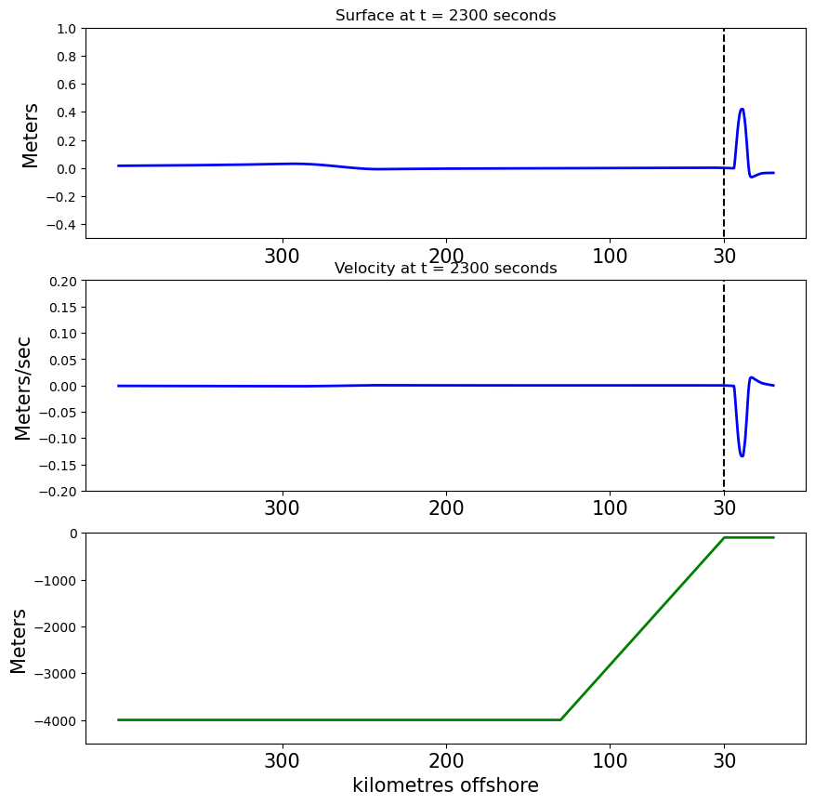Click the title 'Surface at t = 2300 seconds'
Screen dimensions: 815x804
point(445,16)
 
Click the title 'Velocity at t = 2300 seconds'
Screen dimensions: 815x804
point(445,269)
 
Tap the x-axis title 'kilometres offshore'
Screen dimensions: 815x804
point(445,784)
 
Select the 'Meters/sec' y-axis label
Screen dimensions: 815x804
point(23,389)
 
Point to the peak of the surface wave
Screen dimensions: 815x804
point(742,109)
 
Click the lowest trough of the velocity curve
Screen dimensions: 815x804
point(742,455)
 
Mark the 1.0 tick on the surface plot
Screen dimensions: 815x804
point(67,29)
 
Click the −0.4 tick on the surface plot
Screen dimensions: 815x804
point(60,225)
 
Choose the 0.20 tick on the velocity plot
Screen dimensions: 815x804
point(63,281)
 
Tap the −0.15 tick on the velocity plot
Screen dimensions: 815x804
point(58,465)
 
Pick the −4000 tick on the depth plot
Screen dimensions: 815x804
point(55,721)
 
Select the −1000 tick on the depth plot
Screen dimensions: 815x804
point(55,581)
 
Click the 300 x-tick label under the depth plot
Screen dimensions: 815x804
point(282,761)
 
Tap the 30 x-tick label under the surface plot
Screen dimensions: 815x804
point(724,257)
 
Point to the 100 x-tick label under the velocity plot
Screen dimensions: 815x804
point(610,508)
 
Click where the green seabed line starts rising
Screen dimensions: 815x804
point(560,719)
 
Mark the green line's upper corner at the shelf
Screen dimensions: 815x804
point(724,537)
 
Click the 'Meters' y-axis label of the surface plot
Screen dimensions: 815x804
point(30,136)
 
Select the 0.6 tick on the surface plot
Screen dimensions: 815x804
point(67,85)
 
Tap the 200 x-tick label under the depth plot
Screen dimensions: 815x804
point(446,761)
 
